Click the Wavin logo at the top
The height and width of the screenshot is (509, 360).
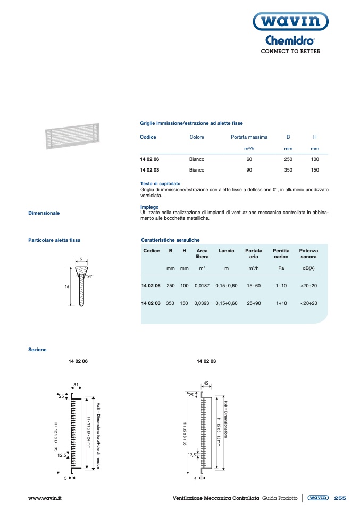[x=290, y=22]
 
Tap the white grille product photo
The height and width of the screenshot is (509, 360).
[x=72, y=137]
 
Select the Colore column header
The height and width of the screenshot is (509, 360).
[x=197, y=137]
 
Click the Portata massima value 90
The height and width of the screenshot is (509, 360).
[x=249, y=170]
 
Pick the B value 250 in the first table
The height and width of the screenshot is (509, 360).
[x=288, y=159]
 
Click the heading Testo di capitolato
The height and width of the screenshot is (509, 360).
[x=160, y=184]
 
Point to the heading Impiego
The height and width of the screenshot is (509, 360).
[x=149, y=207]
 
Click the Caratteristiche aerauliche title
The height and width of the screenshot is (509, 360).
[x=170, y=240]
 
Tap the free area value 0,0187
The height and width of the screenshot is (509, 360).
[x=202, y=286]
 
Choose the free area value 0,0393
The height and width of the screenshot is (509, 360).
[x=202, y=303]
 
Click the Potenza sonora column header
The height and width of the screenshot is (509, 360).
[x=308, y=253]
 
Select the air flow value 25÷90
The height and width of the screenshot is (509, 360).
[x=253, y=303]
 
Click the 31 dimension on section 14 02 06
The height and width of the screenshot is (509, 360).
[x=76, y=385]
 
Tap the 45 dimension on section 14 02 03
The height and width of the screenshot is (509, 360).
[x=206, y=383]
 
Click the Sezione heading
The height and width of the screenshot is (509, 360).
[x=37, y=350]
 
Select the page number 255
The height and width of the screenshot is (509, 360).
[x=340, y=498]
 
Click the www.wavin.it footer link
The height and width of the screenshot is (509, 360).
[x=45, y=498]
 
